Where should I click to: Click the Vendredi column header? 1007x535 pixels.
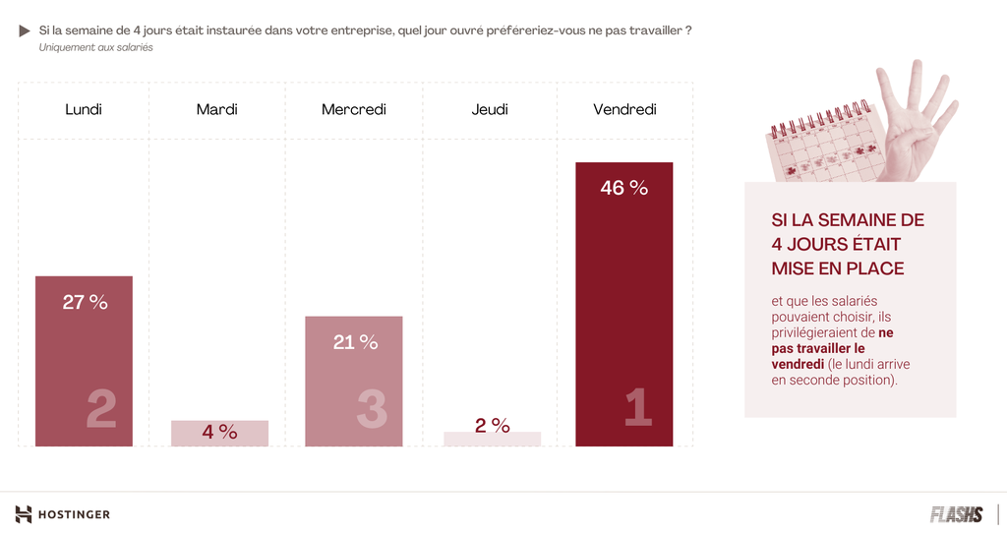(x=624, y=109)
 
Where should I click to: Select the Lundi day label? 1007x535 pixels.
(x=84, y=109)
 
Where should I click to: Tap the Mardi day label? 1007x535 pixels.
(x=216, y=109)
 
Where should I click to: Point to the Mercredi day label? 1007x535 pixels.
(x=354, y=109)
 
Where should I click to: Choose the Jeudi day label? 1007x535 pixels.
(x=490, y=109)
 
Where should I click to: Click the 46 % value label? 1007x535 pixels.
(x=624, y=187)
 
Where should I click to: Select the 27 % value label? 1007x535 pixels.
(x=85, y=302)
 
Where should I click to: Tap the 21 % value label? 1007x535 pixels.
(x=355, y=342)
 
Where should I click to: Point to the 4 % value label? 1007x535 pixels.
(x=219, y=432)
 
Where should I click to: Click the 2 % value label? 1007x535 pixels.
(x=492, y=426)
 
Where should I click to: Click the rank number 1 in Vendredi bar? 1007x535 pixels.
(x=638, y=408)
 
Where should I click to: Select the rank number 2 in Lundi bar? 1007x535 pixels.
(x=100, y=409)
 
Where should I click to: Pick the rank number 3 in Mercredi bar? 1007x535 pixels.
(x=371, y=409)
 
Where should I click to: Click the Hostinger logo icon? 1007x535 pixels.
(x=24, y=514)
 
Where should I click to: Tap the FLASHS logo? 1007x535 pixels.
(x=956, y=514)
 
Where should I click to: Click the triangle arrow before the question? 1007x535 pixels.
(x=25, y=31)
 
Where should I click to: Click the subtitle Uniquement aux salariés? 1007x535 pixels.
(x=96, y=47)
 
